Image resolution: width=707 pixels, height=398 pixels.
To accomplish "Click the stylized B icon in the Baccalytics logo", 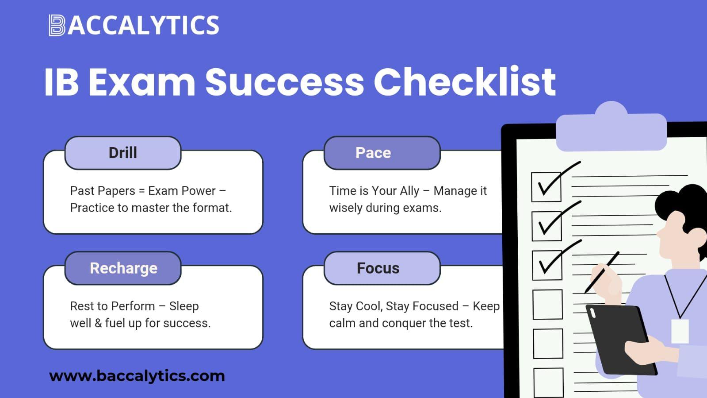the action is [57, 25].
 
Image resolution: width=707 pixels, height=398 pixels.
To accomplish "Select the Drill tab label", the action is [123, 153].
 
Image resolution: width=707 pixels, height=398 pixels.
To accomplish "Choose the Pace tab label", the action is [373, 153].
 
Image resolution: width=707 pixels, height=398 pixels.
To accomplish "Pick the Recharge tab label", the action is [123, 268].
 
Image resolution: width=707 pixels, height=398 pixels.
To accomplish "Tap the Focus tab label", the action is [378, 268].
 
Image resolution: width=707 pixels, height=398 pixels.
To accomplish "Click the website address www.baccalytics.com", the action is [137, 376].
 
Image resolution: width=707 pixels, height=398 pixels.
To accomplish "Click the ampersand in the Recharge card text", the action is [98, 323].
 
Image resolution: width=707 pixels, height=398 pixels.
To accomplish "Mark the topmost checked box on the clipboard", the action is [546, 187].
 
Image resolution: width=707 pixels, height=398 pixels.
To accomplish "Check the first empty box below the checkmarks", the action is [548, 305].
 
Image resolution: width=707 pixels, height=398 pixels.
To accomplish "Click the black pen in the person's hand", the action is [602, 272].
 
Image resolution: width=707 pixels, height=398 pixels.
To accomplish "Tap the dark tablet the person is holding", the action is [620, 340].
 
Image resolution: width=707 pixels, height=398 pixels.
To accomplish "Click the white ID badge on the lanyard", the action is [680, 331].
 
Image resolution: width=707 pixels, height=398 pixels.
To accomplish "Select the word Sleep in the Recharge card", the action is [184, 306].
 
